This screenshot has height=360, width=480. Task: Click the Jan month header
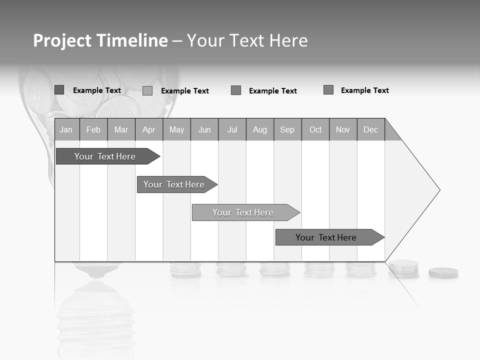66,129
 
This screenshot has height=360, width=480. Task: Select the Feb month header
93,129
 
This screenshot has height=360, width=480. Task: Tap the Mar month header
121,129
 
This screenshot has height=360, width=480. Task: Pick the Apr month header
149,129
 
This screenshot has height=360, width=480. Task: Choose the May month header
176,129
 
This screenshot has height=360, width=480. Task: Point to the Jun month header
204,129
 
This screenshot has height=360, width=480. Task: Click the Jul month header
232,129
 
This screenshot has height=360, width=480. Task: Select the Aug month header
260,129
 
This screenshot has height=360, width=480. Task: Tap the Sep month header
287,129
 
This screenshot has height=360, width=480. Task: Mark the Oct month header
315,129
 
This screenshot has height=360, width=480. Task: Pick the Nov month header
343,129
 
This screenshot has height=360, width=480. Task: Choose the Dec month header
371,129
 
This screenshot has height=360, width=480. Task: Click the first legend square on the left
59,90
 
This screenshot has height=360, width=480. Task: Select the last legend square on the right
328,90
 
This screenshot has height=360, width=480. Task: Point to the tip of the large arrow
439,190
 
